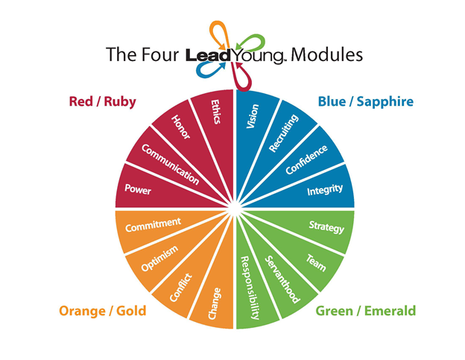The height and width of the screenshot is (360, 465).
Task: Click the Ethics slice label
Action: click(215, 112)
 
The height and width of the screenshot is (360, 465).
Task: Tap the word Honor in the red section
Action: click(180, 127)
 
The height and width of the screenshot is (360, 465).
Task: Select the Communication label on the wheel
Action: click(170, 164)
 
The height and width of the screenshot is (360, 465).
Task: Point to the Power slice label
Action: click(138, 189)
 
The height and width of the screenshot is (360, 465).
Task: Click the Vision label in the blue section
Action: click(253, 116)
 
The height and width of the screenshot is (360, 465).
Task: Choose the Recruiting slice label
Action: click(283, 133)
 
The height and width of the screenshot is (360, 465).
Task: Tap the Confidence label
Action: click(306, 160)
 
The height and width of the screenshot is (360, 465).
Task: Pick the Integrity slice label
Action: click(325, 190)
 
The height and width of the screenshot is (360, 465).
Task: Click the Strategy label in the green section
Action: click(326, 227)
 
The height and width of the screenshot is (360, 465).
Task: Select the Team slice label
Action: click(316, 263)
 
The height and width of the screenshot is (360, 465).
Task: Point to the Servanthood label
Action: click(282, 280)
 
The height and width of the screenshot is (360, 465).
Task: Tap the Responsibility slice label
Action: click(250, 288)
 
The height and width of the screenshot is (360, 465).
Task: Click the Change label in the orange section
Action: click(215, 303)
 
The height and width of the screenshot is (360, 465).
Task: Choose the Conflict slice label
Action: click(181, 288)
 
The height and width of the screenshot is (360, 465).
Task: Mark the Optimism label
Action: click(159, 258)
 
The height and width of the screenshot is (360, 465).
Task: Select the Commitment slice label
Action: click(153, 225)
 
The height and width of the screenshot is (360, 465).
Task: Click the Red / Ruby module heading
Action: click(103, 101)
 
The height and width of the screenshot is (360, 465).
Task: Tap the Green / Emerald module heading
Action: click(366, 311)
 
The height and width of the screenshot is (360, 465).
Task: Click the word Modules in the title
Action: click(326, 55)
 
